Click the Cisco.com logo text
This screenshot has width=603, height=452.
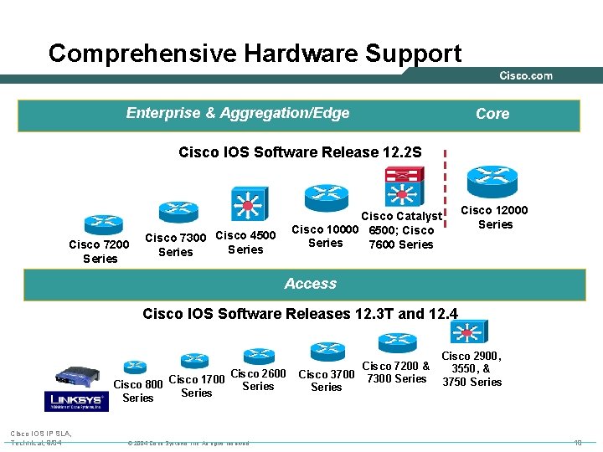point(526,76)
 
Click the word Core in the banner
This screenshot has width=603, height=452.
point(492,114)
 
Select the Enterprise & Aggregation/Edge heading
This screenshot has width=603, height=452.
point(238,113)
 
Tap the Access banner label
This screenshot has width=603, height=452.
point(310,284)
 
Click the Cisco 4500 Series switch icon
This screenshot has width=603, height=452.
point(248,203)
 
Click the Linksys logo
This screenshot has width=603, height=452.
point(78,400)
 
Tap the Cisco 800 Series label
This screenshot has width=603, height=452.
point(138,391)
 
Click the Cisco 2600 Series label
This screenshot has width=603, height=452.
point(258,380)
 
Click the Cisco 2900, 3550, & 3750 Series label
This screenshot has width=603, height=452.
point(472,369)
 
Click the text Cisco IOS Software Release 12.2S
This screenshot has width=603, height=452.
point(300,152)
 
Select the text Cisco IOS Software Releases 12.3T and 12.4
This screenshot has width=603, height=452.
point(301,314)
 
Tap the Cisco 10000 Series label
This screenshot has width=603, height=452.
point(325,236)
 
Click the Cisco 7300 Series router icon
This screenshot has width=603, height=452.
point(178,210)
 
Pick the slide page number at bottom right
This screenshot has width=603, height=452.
point(578,441)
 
